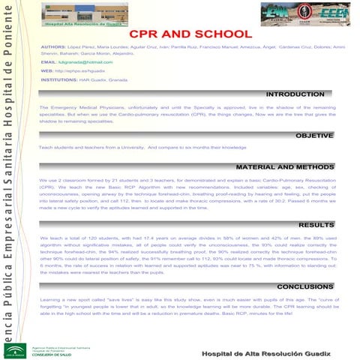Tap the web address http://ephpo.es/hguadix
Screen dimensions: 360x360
[78, 70]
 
